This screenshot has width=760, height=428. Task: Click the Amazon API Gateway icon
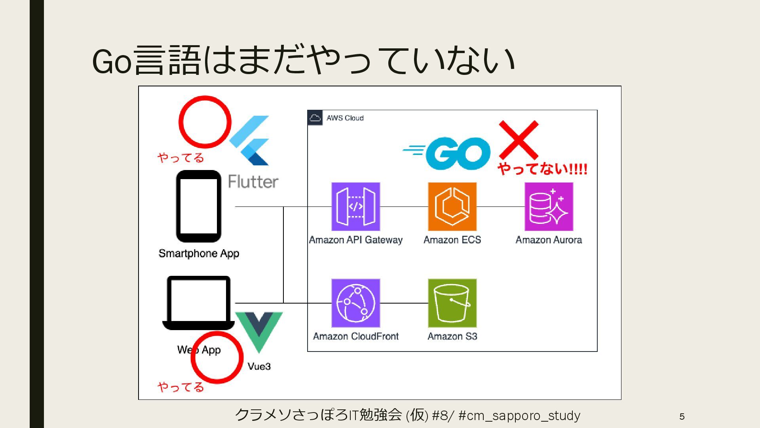click(355, 206)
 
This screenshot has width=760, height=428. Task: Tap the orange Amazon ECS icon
click(452, 206)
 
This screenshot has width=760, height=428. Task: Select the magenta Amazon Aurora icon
click(549, 206)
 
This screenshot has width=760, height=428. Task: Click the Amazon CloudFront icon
click(355, 303)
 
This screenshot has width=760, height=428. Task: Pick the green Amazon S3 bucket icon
click(452, 303)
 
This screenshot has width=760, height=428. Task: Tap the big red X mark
click(519, 140)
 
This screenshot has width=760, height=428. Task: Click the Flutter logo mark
click(250, 141)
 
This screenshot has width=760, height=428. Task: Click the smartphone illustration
click(198, 206)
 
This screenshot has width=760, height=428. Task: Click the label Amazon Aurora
click(549, 240)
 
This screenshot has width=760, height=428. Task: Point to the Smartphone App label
click(199, 254)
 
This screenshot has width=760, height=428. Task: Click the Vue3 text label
click(259, 366)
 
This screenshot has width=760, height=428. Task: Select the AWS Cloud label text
click(345, 118)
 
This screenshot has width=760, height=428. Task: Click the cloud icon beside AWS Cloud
click(315, 118)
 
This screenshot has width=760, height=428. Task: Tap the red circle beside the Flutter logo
click(205, 122)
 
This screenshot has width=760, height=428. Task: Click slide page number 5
click(682, 417)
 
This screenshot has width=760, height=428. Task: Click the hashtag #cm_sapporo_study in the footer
click(519, 415)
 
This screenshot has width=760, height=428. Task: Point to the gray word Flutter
click(253, 182)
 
